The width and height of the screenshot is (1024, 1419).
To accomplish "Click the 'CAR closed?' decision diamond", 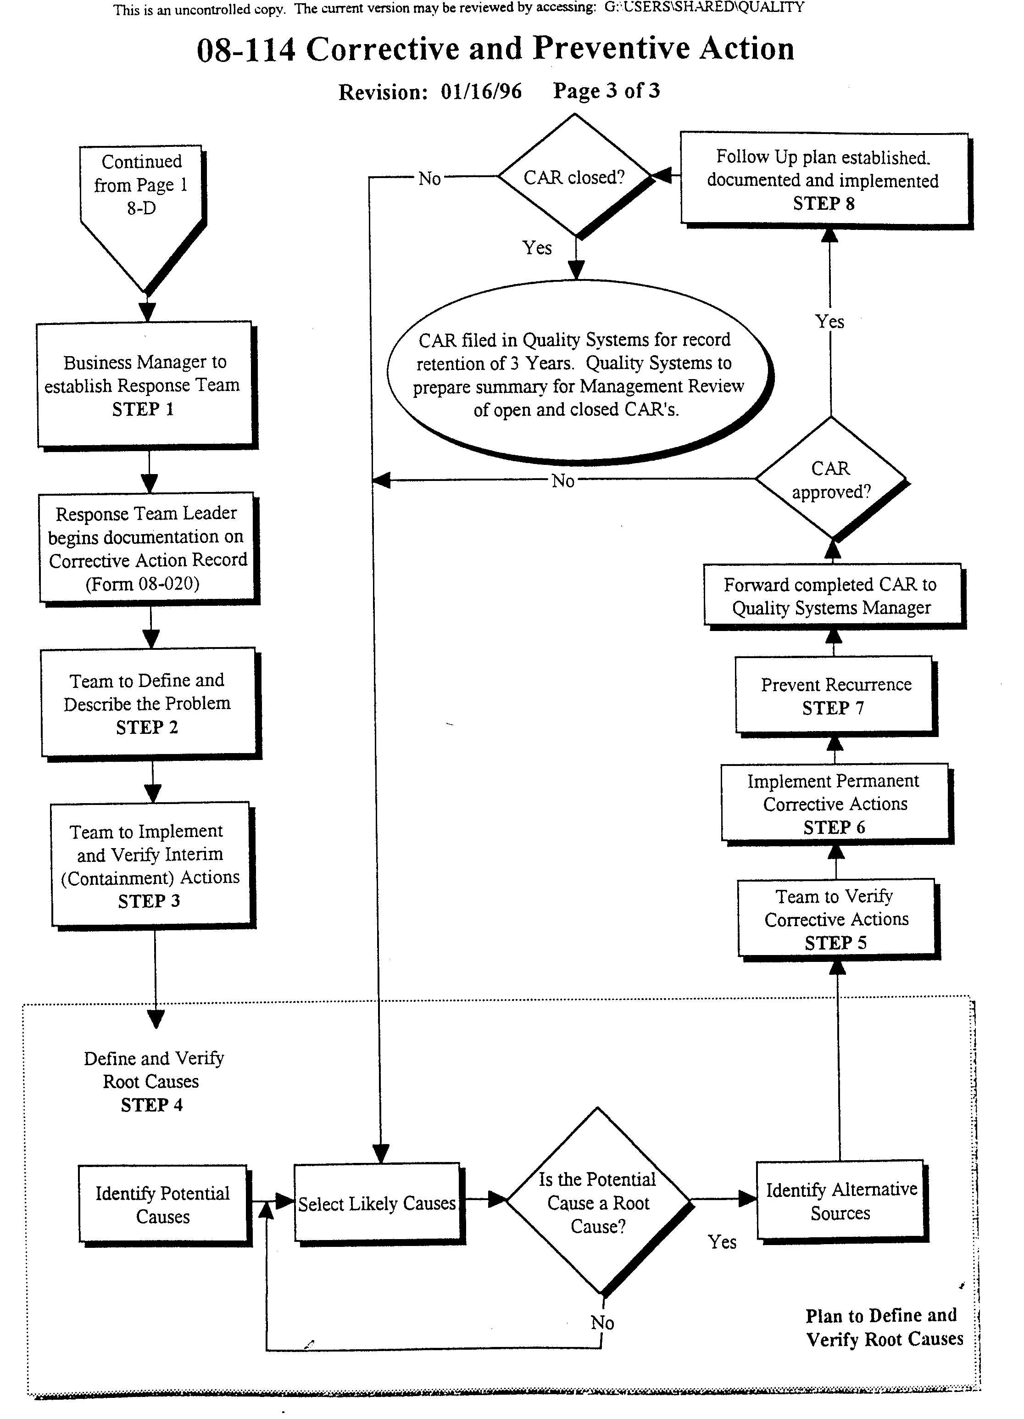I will (574, 177).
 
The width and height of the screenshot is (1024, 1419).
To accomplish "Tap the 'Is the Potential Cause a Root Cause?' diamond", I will (598, 1202).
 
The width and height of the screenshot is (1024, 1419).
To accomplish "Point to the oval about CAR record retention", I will (579, 374).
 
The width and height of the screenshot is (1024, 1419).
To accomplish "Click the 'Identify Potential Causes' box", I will (163, 1204).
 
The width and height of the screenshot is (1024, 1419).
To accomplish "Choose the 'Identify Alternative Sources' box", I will (841, 1201).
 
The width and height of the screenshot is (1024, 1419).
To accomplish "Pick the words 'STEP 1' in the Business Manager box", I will (143, 409).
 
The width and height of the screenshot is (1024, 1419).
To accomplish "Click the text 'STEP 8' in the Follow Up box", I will (823, 203).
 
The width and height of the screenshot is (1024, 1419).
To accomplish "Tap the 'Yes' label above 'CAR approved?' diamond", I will (829, 322).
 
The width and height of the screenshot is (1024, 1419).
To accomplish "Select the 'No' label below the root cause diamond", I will (602, 1323).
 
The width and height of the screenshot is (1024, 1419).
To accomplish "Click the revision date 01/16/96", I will (481, 91).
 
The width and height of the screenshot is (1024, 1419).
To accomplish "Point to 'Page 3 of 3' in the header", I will (606, 91).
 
